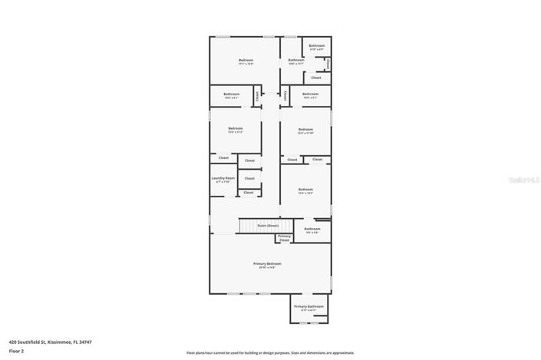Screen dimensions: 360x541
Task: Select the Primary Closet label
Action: tap(284, 238)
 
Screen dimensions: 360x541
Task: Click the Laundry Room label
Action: tap(223, 178)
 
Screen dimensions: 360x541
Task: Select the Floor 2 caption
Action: tap(17, 351)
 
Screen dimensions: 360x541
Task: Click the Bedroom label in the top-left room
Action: tap(246, 60)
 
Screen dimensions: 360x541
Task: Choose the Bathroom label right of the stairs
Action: tap(312, 229)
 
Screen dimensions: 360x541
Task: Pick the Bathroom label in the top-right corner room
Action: tap(317, 45)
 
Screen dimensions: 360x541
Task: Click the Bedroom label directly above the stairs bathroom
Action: tap(305, 190)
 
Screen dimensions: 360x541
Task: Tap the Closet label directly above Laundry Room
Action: tap(223, 157)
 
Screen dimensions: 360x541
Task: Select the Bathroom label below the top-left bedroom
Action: tap(232, 94)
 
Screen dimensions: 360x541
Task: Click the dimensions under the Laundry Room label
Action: tap(223, 182)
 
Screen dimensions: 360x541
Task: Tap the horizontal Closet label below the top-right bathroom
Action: tap(316, 78)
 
